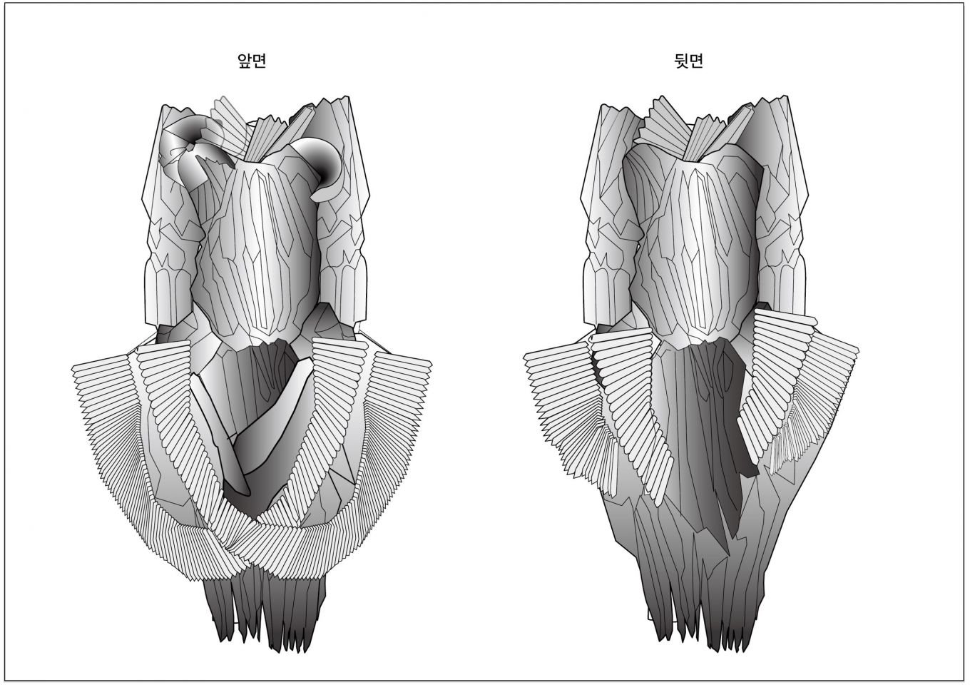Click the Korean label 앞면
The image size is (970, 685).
tap(252, 61)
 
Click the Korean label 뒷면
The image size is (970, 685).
tap(688, 61)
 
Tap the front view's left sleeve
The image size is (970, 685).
tap(171, 217)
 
